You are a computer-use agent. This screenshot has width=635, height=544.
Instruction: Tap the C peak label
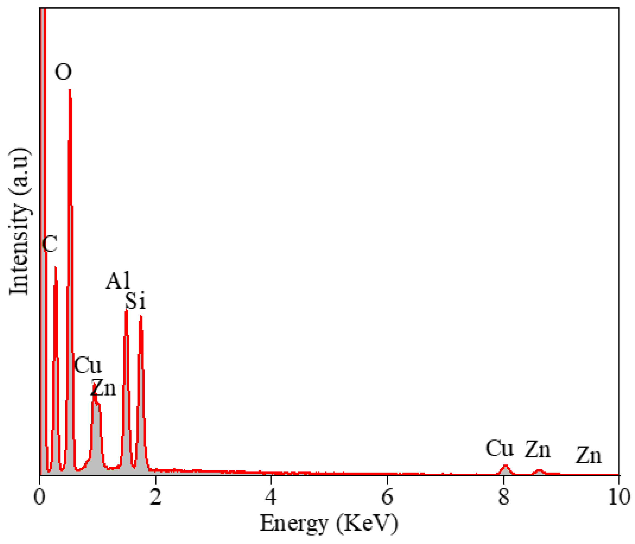pyautogui.click(x=50, y=244)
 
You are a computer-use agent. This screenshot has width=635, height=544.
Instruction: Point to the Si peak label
pyautogui.click(x=135, y=301)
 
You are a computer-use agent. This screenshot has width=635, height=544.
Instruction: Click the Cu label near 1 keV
pyautogui.click(x=88, y=366)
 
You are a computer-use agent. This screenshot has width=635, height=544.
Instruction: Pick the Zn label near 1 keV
pyautogui.click(x=104, y=388)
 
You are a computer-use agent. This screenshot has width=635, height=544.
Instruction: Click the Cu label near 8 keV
pyautogui.click(x=500, y=449)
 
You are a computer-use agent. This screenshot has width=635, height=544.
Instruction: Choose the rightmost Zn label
pyautogui.click(x=588, y=456)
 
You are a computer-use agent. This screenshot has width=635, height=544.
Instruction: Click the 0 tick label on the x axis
pyautogui.click(x=39, y=497)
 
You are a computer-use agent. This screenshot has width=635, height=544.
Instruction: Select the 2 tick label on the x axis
pyautogui.click(x=155, y=497)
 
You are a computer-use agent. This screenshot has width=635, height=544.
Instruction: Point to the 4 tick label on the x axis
pyautogui.click(x=271, y=497)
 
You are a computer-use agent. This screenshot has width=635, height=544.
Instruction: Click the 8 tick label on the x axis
pyautogui.click(x=503, y=497)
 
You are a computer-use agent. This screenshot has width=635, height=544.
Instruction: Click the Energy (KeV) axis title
pyautogui.click(x=329, y=524)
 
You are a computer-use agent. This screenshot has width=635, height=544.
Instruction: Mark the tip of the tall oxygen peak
pyautogui.click(x=70, y=90)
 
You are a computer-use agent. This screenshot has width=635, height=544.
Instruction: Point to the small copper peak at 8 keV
pyautogui.click(x=505, y=466)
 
